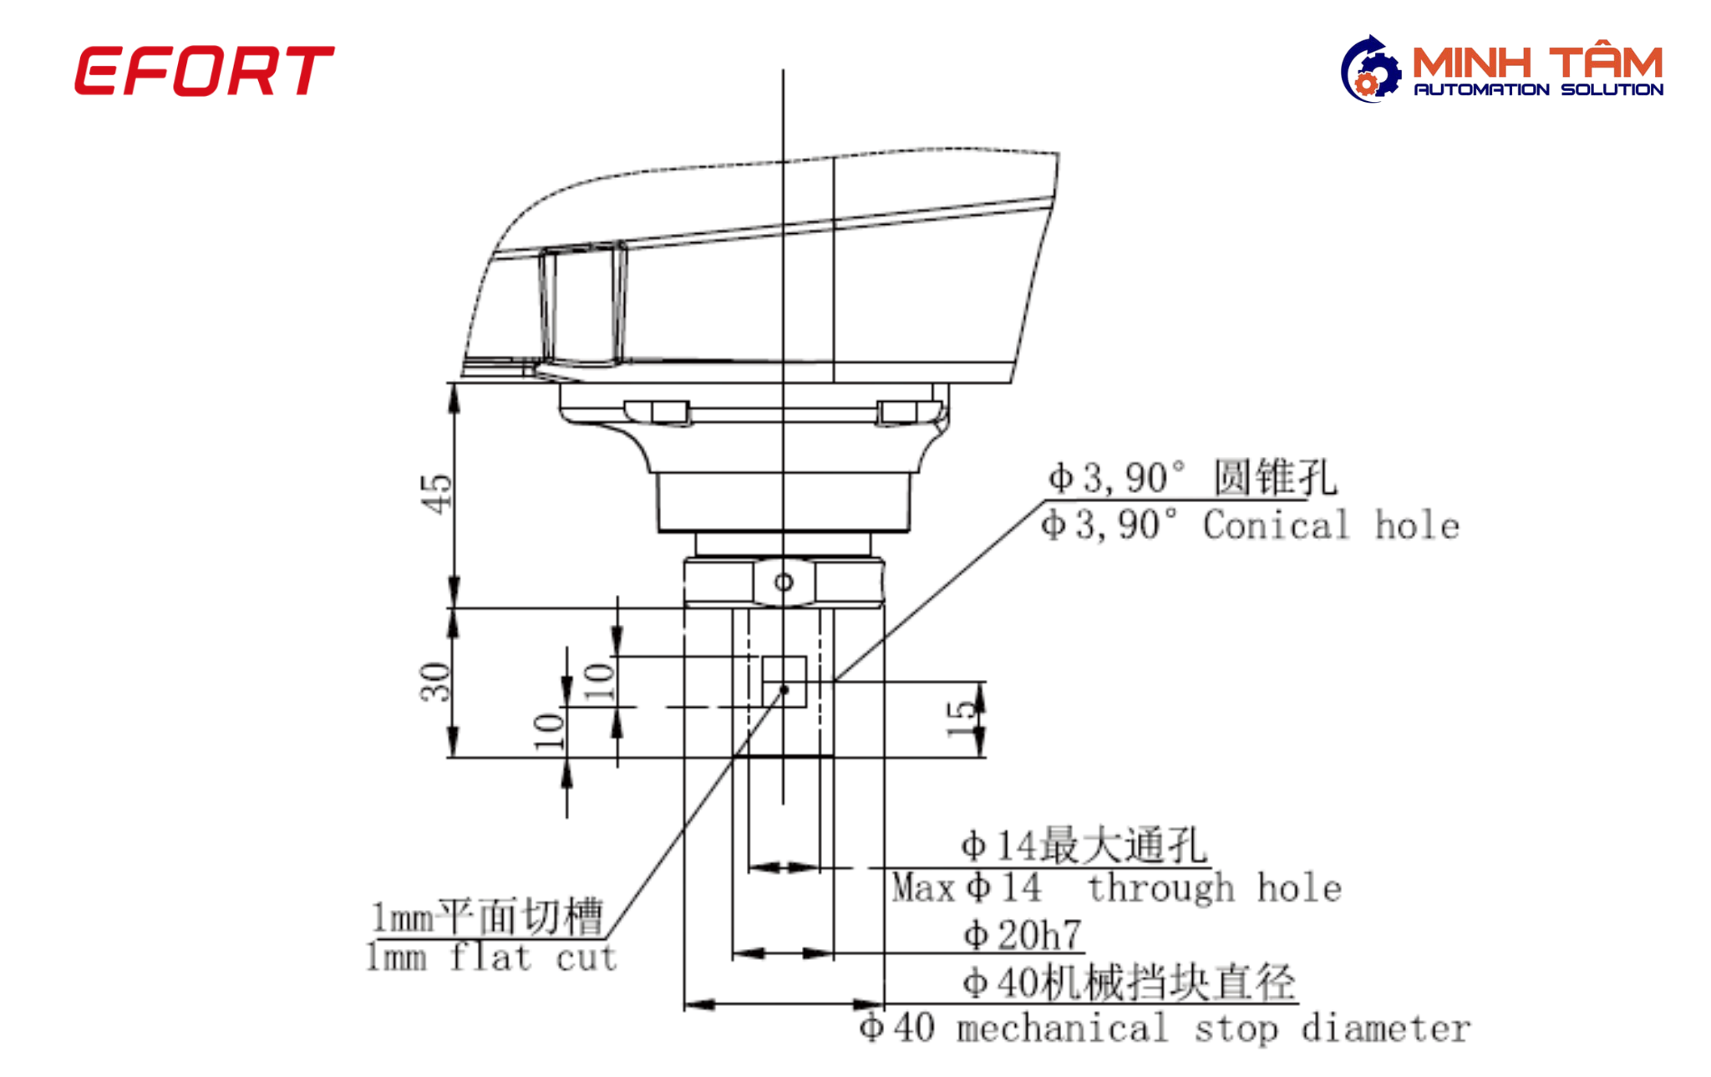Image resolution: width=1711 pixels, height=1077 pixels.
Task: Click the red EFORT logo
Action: (204, 71)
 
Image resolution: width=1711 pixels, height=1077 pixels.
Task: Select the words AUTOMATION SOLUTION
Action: (1538, 89)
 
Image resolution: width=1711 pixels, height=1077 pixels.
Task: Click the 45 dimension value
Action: (436, 494)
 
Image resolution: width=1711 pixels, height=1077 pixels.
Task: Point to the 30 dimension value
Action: (435, 682)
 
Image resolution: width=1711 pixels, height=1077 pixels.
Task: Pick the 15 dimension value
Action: (961, 719)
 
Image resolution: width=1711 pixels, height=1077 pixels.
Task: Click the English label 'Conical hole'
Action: (1331, 526)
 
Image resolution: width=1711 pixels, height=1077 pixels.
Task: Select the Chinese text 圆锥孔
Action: (1275, 477)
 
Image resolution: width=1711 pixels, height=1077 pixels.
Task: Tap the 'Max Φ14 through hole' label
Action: (1116, 887)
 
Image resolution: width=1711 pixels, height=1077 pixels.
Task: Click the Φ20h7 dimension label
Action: (1023, 935)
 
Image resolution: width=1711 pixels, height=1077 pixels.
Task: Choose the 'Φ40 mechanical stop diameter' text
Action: (1165, 1029)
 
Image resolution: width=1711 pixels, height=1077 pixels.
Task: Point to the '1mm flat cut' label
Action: (491, 958)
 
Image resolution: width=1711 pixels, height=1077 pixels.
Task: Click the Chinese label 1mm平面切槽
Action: (487, 917)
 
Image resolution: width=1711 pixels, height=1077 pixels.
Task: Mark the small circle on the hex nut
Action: (784, 582)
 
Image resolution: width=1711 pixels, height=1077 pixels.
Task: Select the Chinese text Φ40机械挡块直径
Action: (1129, 982)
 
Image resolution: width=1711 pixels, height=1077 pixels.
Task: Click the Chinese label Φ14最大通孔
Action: (1084, 846)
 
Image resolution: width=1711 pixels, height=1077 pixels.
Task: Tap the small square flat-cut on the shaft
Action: (784, 681)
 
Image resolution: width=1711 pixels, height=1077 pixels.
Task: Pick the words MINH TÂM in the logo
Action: (1537, 63)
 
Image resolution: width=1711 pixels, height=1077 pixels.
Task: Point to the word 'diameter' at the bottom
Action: (1386, 1029)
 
